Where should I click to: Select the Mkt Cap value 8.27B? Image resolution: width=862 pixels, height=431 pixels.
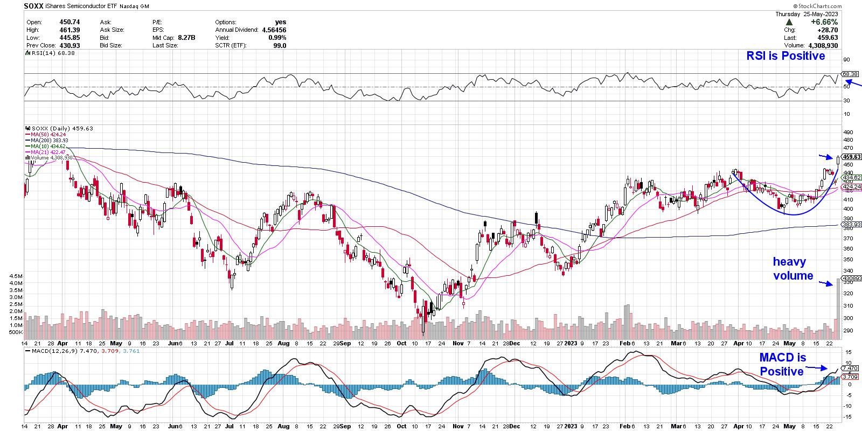click(x=185, y=38)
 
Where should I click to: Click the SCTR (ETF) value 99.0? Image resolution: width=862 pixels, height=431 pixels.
click(x=279, y=46)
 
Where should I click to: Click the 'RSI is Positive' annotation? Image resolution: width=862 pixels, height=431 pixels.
click(x=785, y=56)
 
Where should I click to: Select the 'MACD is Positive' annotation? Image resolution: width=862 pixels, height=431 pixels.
click(x=782, y=365)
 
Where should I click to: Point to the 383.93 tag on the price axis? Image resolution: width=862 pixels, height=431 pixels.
click(x=849, y=224)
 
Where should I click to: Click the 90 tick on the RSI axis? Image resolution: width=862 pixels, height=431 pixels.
click(x=847, y=60)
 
